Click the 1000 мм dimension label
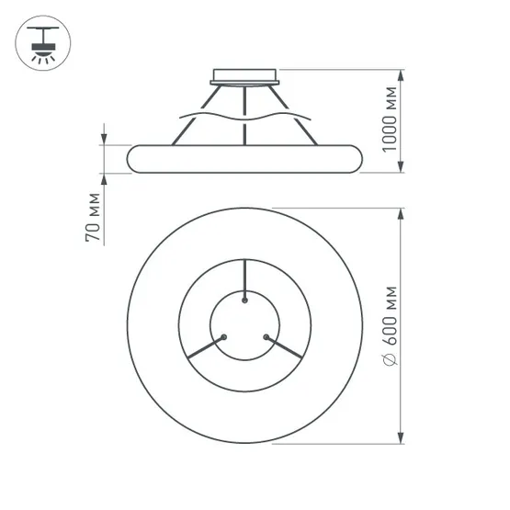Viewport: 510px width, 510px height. point(390,119)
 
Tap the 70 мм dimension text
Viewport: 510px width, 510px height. point(93,217)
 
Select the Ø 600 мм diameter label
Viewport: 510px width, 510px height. point(390,326)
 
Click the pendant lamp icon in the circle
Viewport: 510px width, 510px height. point(42,43)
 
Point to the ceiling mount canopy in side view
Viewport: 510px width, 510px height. point(244,77)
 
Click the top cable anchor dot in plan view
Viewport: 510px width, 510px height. point(244,300)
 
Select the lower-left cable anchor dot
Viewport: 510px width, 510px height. point(223,337)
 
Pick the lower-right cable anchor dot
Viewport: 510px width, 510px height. point(266,337)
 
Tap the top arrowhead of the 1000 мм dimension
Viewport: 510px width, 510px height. point(401,75)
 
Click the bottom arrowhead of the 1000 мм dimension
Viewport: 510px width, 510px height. point(401,166)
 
